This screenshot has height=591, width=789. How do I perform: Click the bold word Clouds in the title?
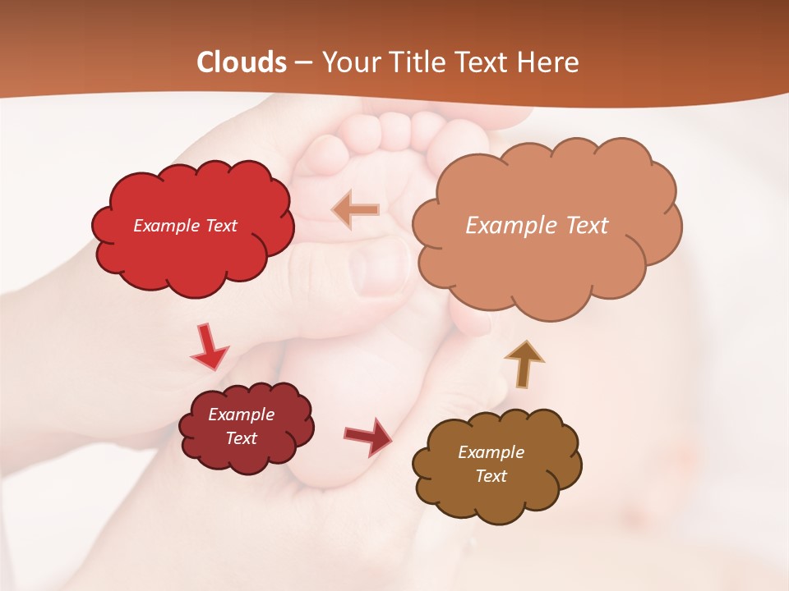242,62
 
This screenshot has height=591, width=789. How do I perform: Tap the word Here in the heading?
550,62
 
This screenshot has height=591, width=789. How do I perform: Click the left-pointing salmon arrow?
356,210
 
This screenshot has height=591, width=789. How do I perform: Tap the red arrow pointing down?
209,347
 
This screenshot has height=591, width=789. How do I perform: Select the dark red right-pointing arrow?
368,436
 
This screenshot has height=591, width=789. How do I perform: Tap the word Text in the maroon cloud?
242,438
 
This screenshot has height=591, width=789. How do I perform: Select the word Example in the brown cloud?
491,452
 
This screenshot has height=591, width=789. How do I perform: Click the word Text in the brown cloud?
491,476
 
